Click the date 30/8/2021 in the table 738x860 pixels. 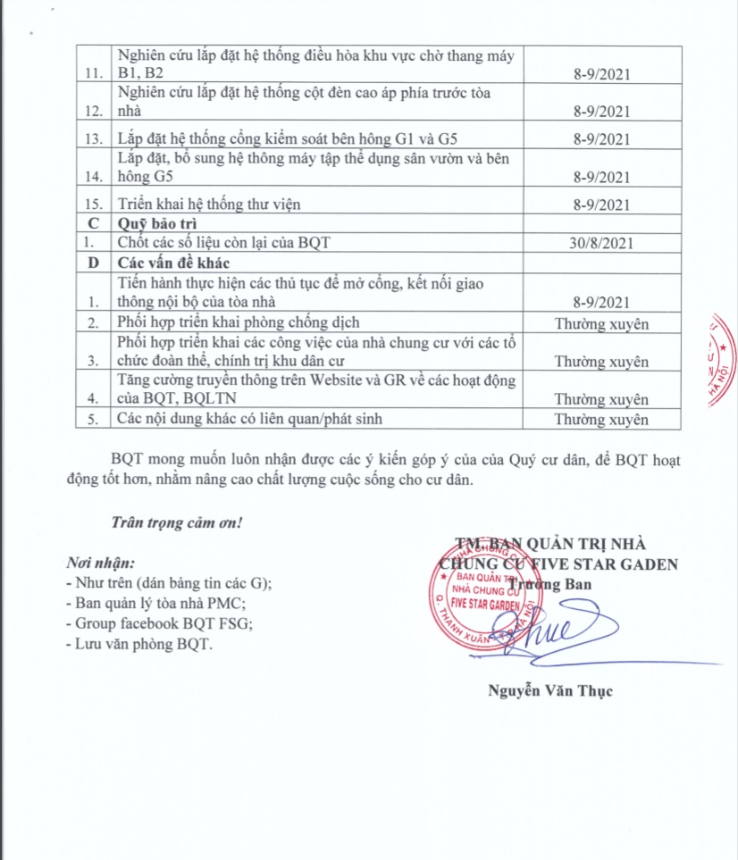click(x=600, y=242)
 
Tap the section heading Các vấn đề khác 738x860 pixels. click(x=173, y=263)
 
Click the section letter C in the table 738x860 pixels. click(x=92, y=223)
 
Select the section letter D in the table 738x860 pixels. click(x=92, y=263)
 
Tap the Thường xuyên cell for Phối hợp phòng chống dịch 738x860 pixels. click(x=600, y=323)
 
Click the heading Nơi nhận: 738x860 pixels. click(x=100, y=564)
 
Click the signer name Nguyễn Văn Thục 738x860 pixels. click(x=550, y=690)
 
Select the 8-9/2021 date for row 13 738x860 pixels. click(x=600, y=138)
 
